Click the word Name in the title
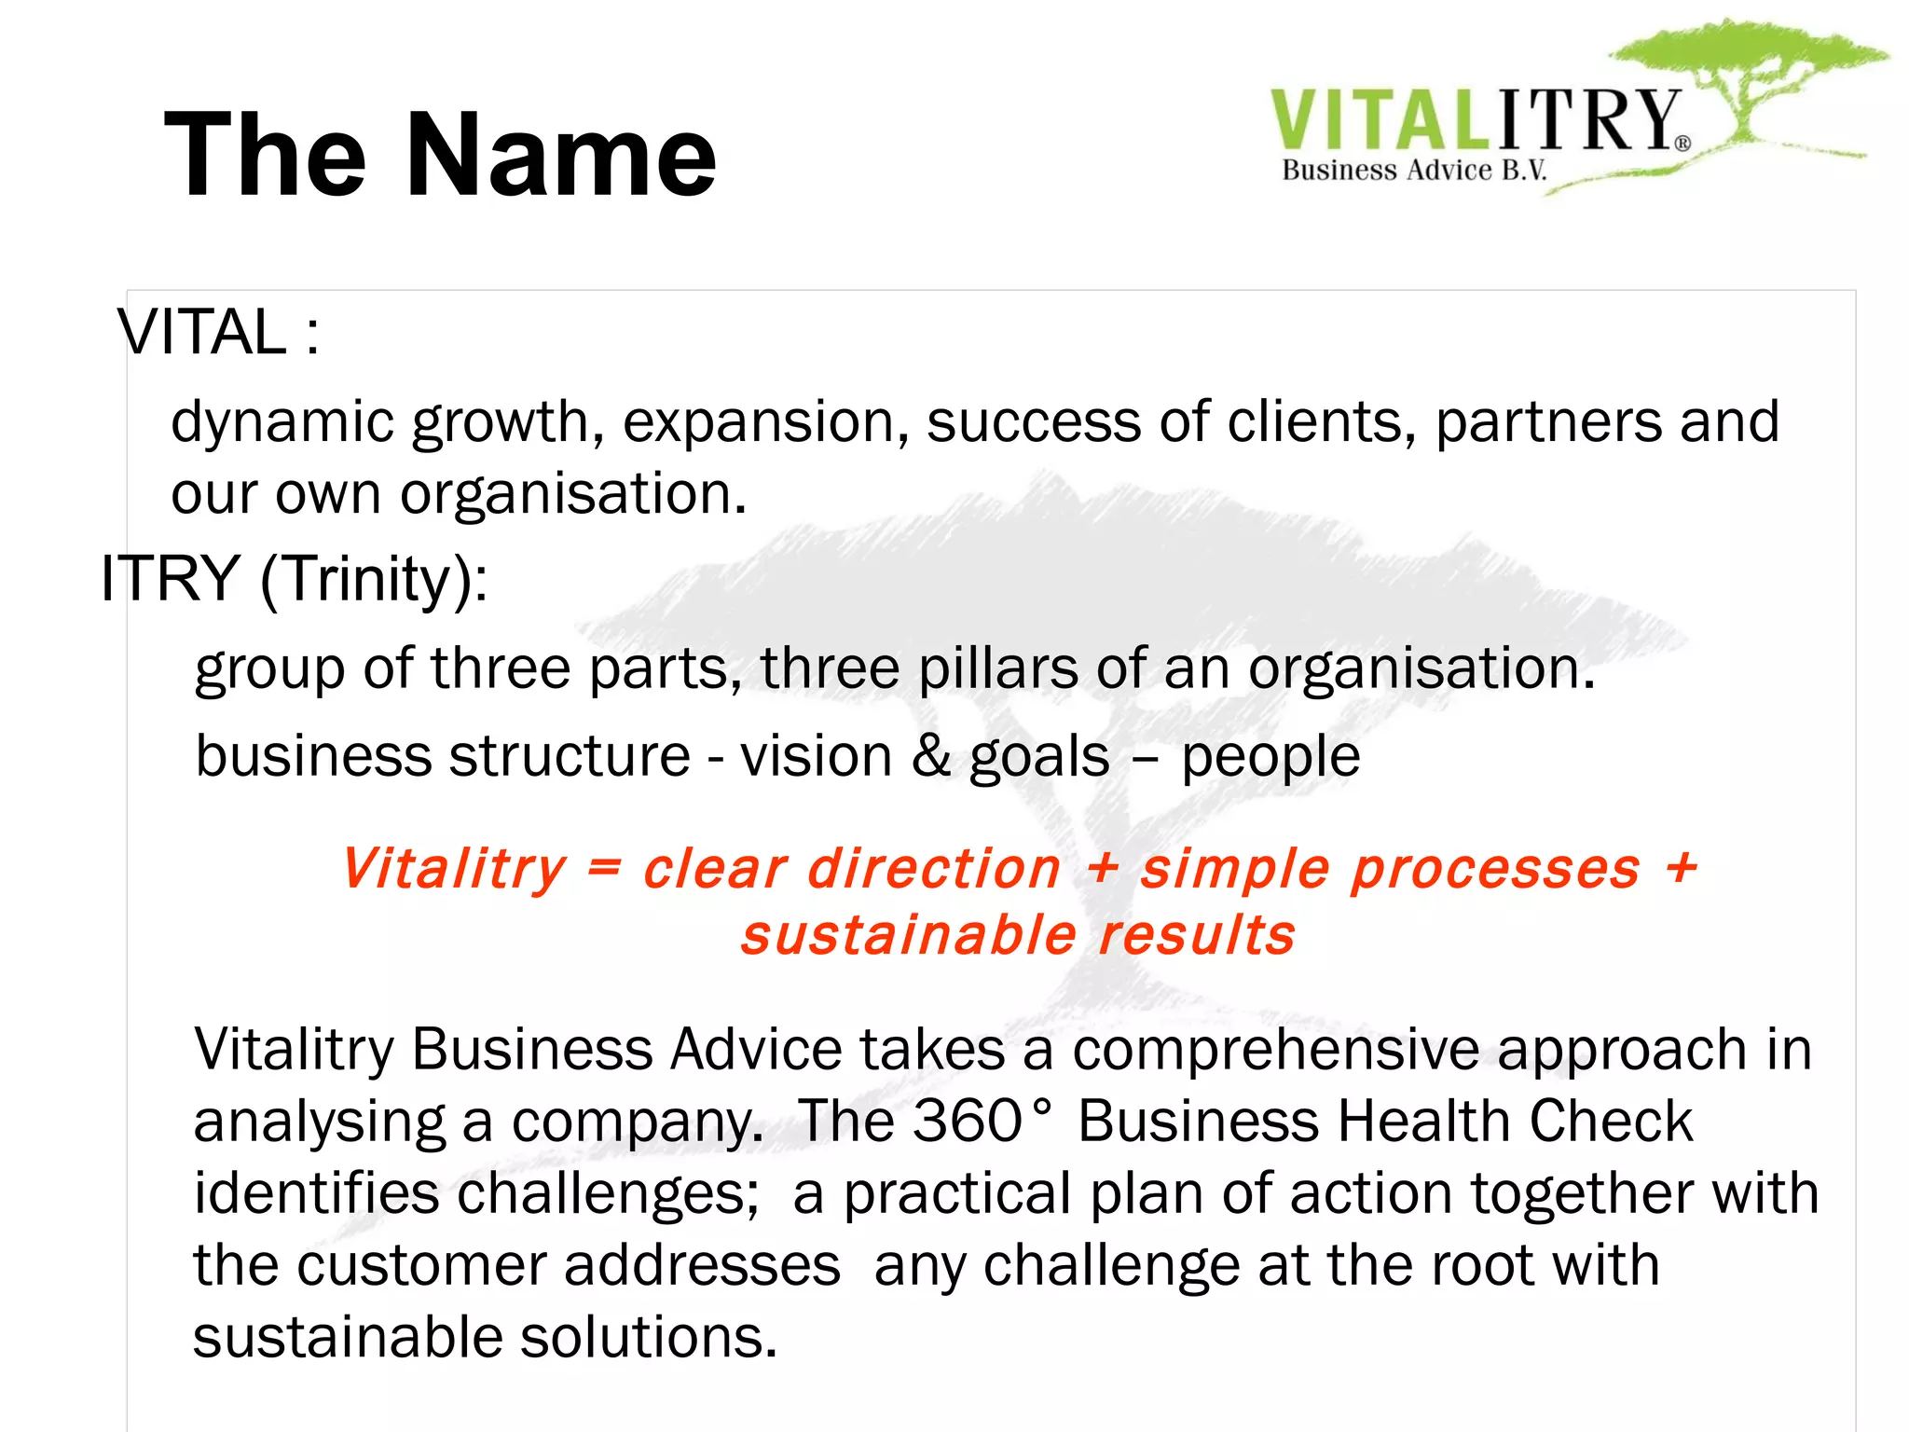click(561, 155)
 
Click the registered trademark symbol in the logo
click(1682, 144)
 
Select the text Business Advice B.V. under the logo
click(1414, 171)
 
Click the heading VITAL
click(202, 333)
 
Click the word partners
click(1548, 422)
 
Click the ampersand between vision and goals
click(931, 755)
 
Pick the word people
click(1270, 757)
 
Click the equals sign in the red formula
click(604, 868)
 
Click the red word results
click(1197, 935)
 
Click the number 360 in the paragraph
click(968, 1121)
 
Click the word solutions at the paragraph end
click(648, 1337)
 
